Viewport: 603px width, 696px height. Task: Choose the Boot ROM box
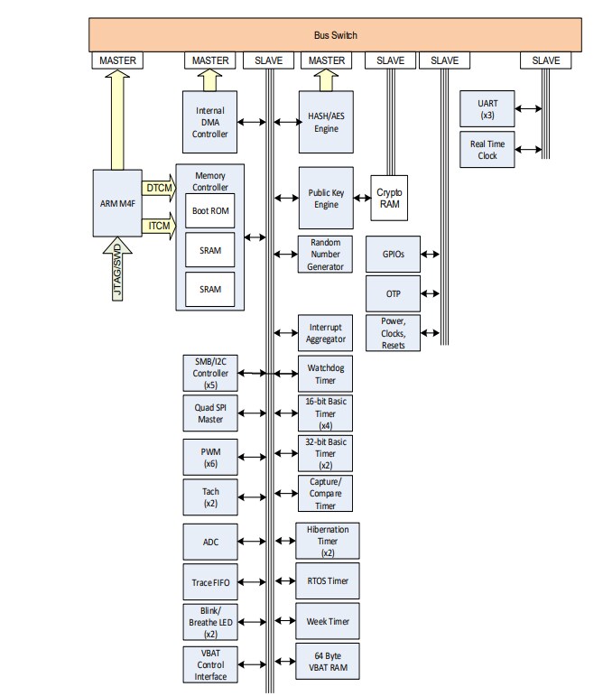[209, 210]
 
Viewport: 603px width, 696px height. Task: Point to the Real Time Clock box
[487, 149]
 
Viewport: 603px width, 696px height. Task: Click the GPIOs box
[393, 255]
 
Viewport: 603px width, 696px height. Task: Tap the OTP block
[393, 293]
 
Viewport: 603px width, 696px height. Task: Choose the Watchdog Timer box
[325, 374]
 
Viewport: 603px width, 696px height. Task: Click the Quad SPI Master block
[209, 412]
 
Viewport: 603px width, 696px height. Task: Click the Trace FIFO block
[209, 582]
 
